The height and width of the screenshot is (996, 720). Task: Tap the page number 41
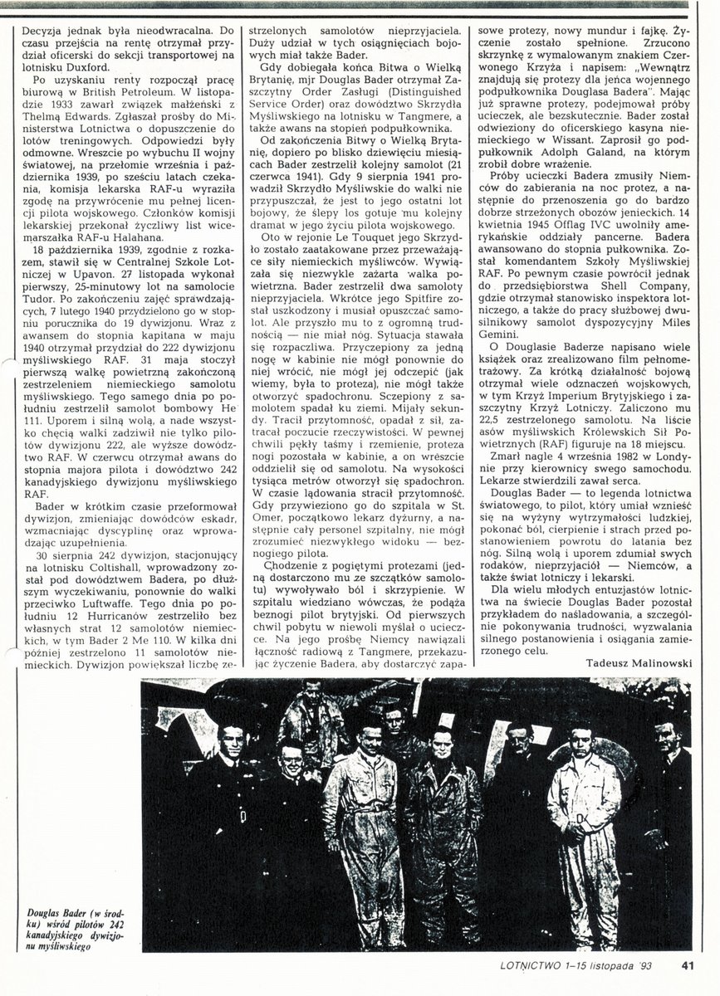pyautogui.click(x=687, y=964)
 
